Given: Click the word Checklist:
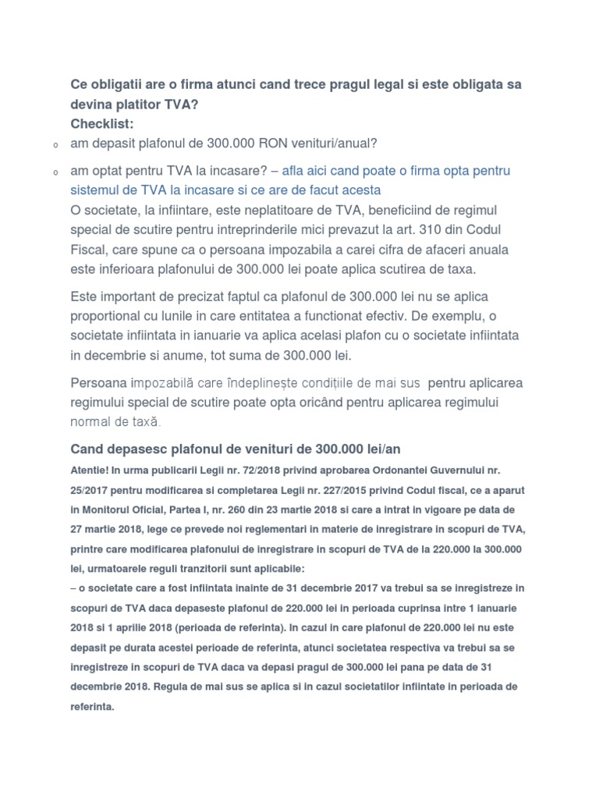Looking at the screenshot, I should tap(102, 123).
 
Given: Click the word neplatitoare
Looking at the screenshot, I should tap(301, 211).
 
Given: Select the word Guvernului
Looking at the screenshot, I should tap(455, 471).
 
